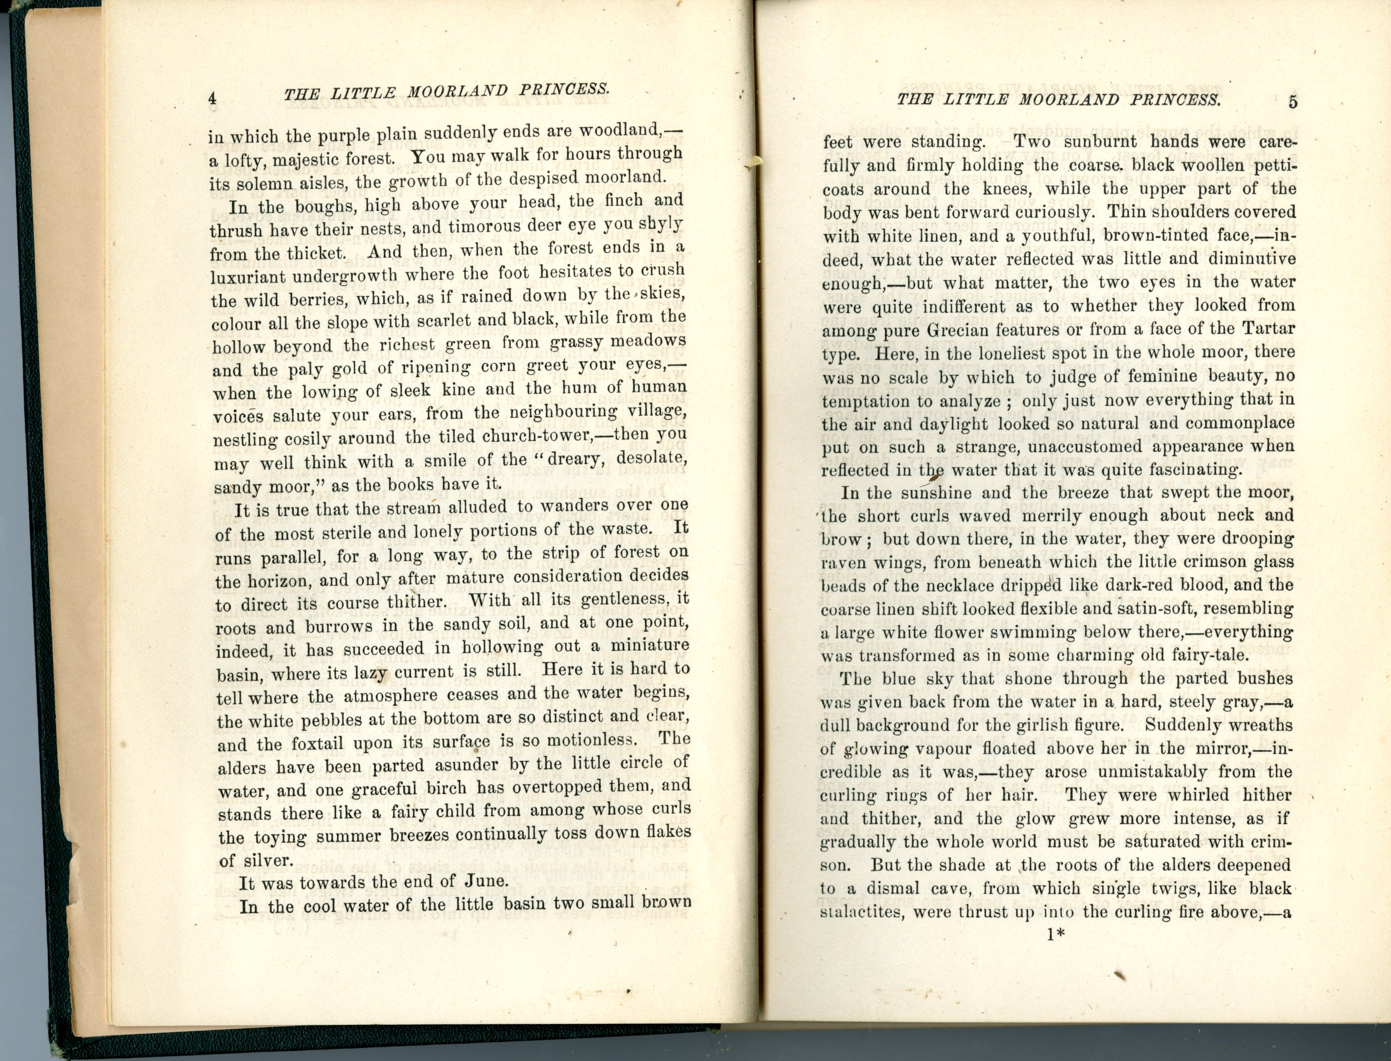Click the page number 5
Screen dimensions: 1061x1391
1293,101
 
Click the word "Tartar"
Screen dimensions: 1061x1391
1268,328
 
